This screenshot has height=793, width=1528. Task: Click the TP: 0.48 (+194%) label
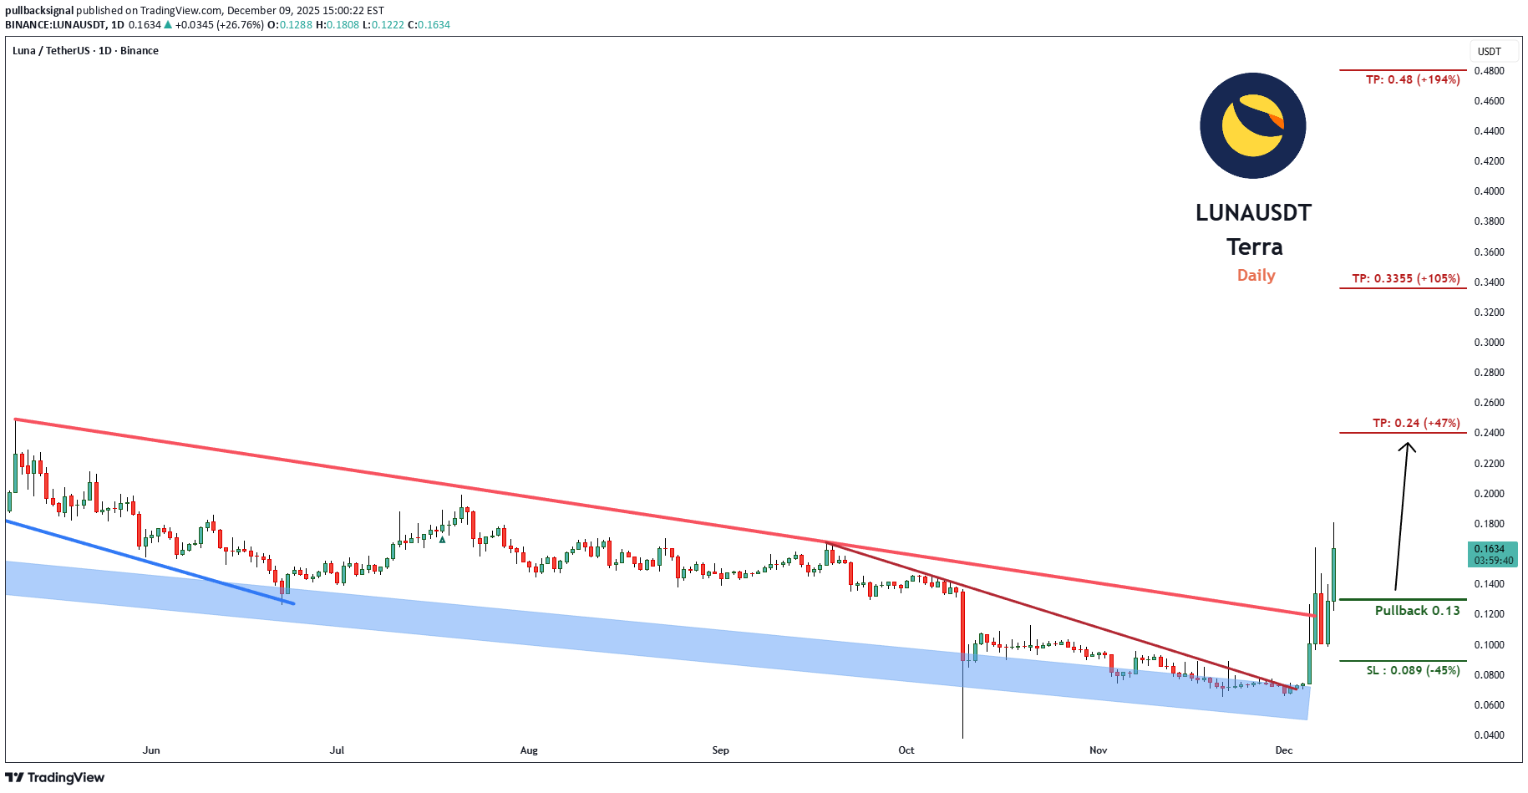pyautogui.click(x=1413, y=79)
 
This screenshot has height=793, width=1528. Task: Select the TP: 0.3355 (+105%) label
pyautogui.click(x=1406, y=278)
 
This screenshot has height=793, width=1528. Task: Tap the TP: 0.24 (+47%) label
pyautogui.click(x=1416, y=423)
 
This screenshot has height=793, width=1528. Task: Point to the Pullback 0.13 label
pyautogui.click(x=1417, y=610)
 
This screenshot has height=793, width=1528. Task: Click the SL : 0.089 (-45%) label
pyautogui.click(x=1413, y=670)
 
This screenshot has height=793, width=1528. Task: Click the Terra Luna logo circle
pyautogui.click(x=1252, y=125)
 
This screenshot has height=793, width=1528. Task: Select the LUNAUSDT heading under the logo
pyautogui.click(x=1253, y=212)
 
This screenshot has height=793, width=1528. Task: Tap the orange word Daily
pyautogui.click(x=1256, y=275)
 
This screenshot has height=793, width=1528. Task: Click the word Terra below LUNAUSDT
pyautogui.click(x=1254, y=247)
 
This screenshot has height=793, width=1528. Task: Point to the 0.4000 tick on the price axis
pyautogui.click(x=1489, y=191)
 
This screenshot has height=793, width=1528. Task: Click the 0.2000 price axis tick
pyautogui.click(x=1489, y=494)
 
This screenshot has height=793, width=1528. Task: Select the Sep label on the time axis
pyautogui.click(x=720, y=750)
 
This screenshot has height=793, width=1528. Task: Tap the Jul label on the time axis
pyautogui.click(x=337, y=750)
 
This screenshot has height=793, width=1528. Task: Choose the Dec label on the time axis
pyautogui.click(x=1283, y=750)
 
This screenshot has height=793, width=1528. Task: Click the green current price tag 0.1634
pyautogui.click(x=1492, y=554)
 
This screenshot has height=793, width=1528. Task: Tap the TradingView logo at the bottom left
pyautogui.click(x=55, y=777)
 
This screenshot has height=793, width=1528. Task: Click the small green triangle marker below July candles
pyautogui.click(x=442, y=540)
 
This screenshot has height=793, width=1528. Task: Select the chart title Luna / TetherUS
pyautogui.click(x=85, y=50)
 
